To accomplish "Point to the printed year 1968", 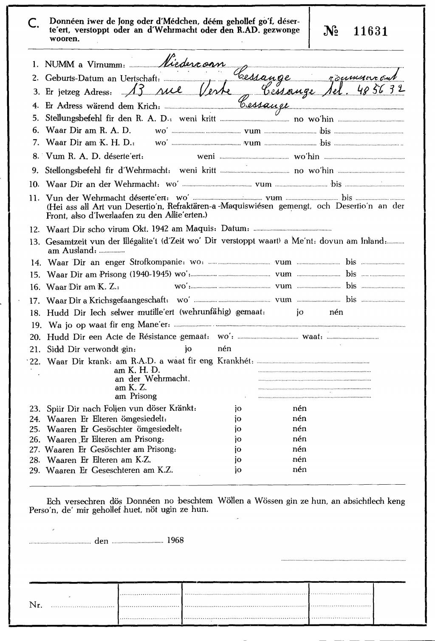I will [175, 540].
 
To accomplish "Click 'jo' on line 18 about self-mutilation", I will [300, 312].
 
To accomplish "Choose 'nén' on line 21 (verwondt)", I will [224, 349].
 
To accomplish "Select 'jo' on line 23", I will [238, 409].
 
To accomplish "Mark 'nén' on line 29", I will [299, 469].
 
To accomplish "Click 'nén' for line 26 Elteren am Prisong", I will [299, 439].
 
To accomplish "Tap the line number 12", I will [34, 230].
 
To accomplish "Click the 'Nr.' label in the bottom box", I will [36, 605].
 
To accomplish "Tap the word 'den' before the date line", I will [101, 541].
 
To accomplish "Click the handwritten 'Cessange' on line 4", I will [264, 104].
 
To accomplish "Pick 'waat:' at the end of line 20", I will [312, 337].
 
